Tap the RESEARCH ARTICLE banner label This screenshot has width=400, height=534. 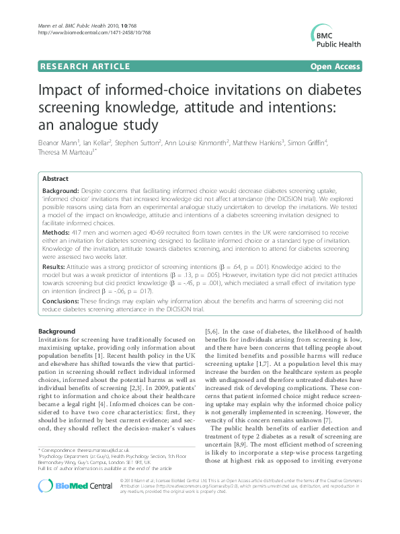pyautogui.click(x=85, y=67)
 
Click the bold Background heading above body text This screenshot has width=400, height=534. pyautogui.click(x=56, y=332)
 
